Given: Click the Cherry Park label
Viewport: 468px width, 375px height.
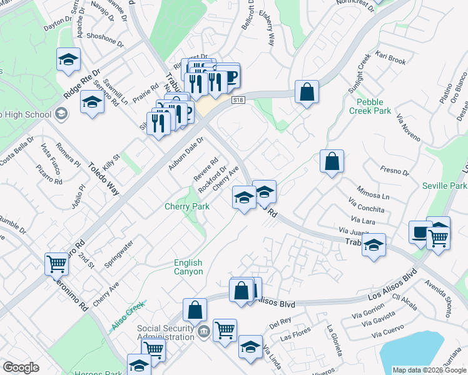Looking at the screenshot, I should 186,206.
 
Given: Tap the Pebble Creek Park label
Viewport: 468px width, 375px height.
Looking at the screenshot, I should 374,106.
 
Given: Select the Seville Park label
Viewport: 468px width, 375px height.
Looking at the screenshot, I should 444,186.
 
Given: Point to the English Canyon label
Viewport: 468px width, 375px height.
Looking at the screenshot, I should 188,267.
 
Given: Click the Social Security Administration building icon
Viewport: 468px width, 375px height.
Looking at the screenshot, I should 204,331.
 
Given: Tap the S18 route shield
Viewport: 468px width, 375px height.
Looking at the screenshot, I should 237,100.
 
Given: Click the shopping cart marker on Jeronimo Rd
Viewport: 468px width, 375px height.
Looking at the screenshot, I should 56,263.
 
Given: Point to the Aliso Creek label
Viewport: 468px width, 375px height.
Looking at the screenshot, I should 128,316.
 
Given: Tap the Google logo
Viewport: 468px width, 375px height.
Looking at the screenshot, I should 21,367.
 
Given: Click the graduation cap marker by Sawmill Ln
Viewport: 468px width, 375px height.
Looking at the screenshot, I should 92,102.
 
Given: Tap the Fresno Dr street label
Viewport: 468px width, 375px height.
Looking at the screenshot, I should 395,169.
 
